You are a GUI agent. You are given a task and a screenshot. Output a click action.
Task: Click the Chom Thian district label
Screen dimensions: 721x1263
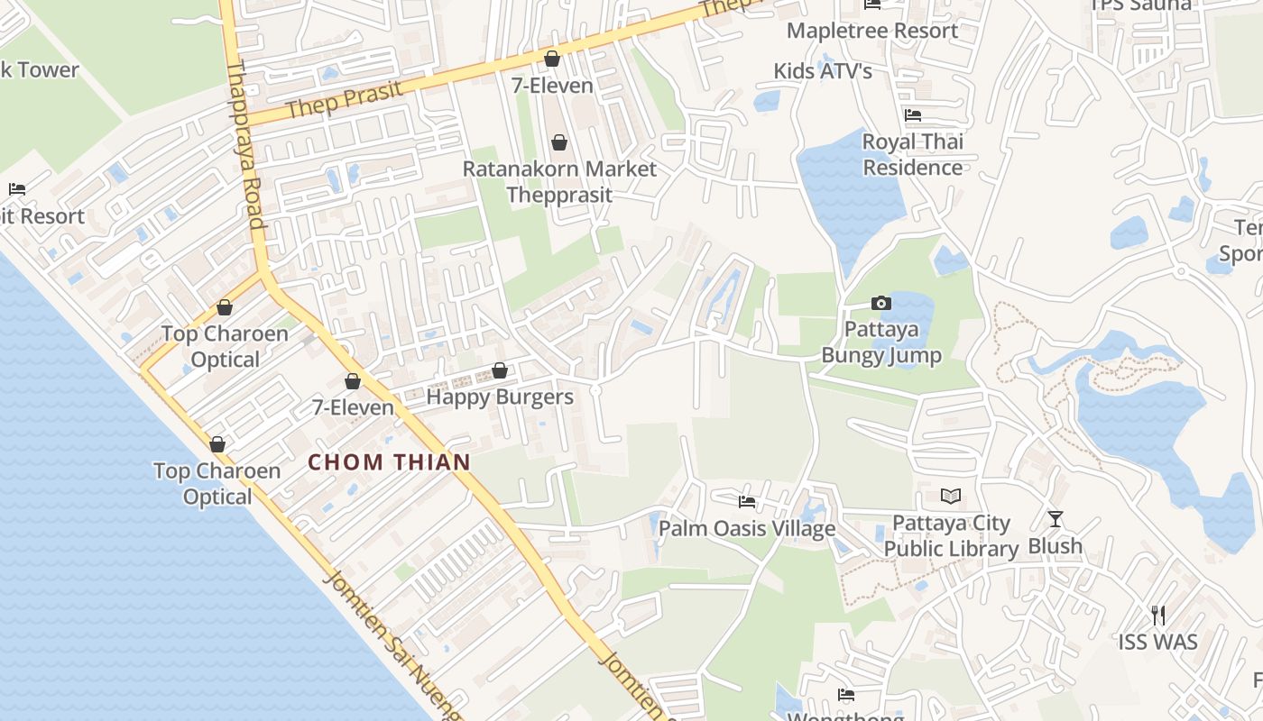point(389,463)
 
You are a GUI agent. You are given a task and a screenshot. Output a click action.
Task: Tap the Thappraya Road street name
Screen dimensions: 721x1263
point(244,144)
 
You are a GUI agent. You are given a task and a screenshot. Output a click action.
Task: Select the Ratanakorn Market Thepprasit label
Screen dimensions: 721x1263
point(559,181)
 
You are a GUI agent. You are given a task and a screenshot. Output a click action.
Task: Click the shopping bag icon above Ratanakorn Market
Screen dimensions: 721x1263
point(559,142)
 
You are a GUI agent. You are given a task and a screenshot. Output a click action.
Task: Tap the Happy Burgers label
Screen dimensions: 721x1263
point(500,397)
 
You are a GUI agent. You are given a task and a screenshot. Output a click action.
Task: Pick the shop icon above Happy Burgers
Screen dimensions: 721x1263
point(500,370)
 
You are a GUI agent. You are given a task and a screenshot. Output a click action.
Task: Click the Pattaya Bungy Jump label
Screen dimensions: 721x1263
point(880,342)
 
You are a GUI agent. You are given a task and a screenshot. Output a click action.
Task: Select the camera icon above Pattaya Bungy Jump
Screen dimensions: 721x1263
point(880,303)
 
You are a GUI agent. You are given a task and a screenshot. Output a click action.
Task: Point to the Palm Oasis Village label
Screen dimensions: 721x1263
point(747,528)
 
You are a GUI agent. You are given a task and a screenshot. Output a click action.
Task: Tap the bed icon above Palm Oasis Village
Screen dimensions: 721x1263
point(747,501)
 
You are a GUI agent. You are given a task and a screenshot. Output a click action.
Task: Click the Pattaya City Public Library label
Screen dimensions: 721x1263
point(951,536)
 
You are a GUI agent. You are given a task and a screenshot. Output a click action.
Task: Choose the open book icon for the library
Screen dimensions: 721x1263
point(951,496)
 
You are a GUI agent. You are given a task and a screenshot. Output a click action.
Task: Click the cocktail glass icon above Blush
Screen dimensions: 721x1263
point(1056,519)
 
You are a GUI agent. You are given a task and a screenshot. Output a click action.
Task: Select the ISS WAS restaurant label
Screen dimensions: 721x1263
point(1158,643)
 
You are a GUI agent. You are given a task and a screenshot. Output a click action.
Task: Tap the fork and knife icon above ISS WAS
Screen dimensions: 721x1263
point(1158,616)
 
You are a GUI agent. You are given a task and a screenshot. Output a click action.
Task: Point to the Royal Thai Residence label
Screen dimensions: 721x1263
point(913,154)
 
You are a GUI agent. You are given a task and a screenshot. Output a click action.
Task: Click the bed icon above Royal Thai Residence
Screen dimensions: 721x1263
point(913,115)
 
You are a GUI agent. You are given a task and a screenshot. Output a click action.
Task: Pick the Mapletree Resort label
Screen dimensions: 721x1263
point(872,31)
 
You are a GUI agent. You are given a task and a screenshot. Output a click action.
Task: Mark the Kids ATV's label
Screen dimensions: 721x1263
point(823,71)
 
